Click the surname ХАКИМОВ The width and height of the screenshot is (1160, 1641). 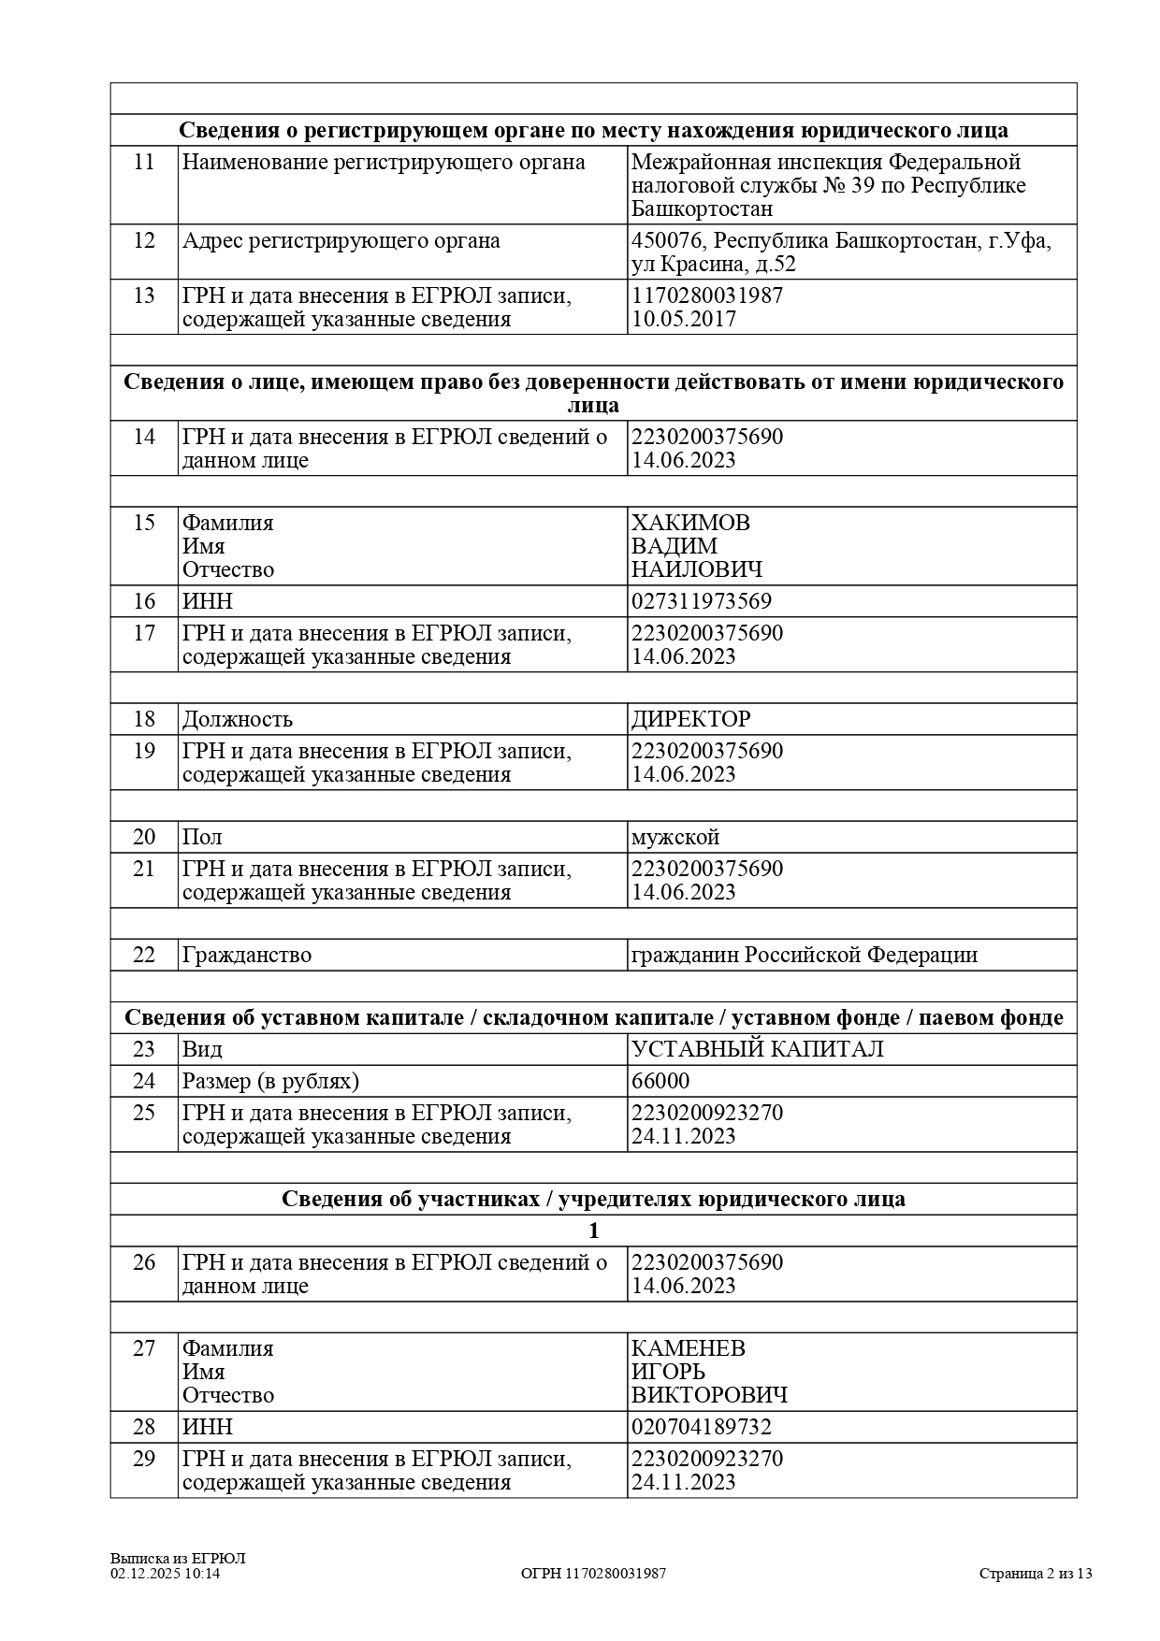click(x=690, y=523)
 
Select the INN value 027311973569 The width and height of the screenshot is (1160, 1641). click(x=702, y=601)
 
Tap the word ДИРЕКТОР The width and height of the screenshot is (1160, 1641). click(x=690, y=719)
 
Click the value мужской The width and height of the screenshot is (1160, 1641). click(x=675, y=837)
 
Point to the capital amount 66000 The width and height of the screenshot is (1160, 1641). click(x=660, y=1081)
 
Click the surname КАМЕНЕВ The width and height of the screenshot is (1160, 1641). click(x=689, y=1348)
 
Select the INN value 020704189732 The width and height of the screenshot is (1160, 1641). click(x=702, y=1427)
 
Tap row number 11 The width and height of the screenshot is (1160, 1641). click(x=144, y=162)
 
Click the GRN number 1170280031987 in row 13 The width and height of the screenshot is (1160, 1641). click(x=707, y=295)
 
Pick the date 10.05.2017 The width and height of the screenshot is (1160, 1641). click(x=684, y=319)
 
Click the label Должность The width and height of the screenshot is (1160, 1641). click(x=238, y=719)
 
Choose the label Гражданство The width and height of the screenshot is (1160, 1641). click(x=247, y=955)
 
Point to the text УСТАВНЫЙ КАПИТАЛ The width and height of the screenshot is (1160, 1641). click(x=758, y=1049)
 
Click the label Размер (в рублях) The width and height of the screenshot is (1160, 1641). click(x=270, y=1081)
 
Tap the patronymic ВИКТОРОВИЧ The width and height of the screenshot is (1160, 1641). click(x=709, y=1395)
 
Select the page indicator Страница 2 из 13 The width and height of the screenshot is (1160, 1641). click(x=1036, y=1573)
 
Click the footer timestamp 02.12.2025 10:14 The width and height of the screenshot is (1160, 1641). click(x=165, y=1573)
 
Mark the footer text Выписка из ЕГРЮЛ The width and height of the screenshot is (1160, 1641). click(x=178, y=1558)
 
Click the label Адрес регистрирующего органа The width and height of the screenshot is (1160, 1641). click(x=341, y=240)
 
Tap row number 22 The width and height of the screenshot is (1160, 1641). click(x=144, y=955)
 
